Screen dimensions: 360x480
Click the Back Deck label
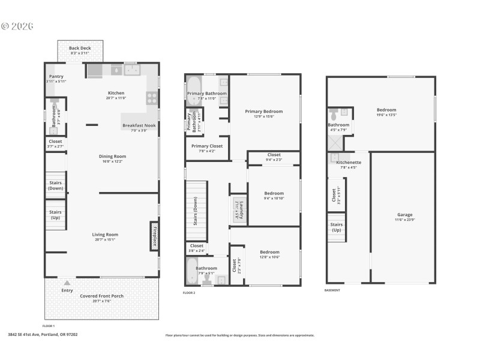[x=79, y=48]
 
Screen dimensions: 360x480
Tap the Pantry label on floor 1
[x=56, y=77]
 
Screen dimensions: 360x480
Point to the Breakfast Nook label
[x=139, y=125]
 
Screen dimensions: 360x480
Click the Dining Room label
[x=112, y=156]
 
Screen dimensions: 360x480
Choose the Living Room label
[x=104, y=235]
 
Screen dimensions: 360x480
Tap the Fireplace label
[x=154, y=237]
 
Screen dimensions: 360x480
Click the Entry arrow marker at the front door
[x=67, y=282]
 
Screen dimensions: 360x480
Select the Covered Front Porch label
[x=101, y=296]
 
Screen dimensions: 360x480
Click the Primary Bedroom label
[x=263, y=111]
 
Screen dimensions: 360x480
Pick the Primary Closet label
[x=206, y=146]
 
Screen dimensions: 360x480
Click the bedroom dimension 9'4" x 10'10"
[x=274, y=199]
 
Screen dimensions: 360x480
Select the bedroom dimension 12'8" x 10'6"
[x=269, y=257]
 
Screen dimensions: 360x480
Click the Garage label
[x=404, y=214]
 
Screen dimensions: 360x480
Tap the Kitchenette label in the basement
[x=348, y=162]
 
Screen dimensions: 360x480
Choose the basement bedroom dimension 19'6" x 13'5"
[x=386, y=115]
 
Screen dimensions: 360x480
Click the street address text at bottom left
[x=43, y=335]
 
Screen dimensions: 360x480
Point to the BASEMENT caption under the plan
[x=332, y=290]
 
